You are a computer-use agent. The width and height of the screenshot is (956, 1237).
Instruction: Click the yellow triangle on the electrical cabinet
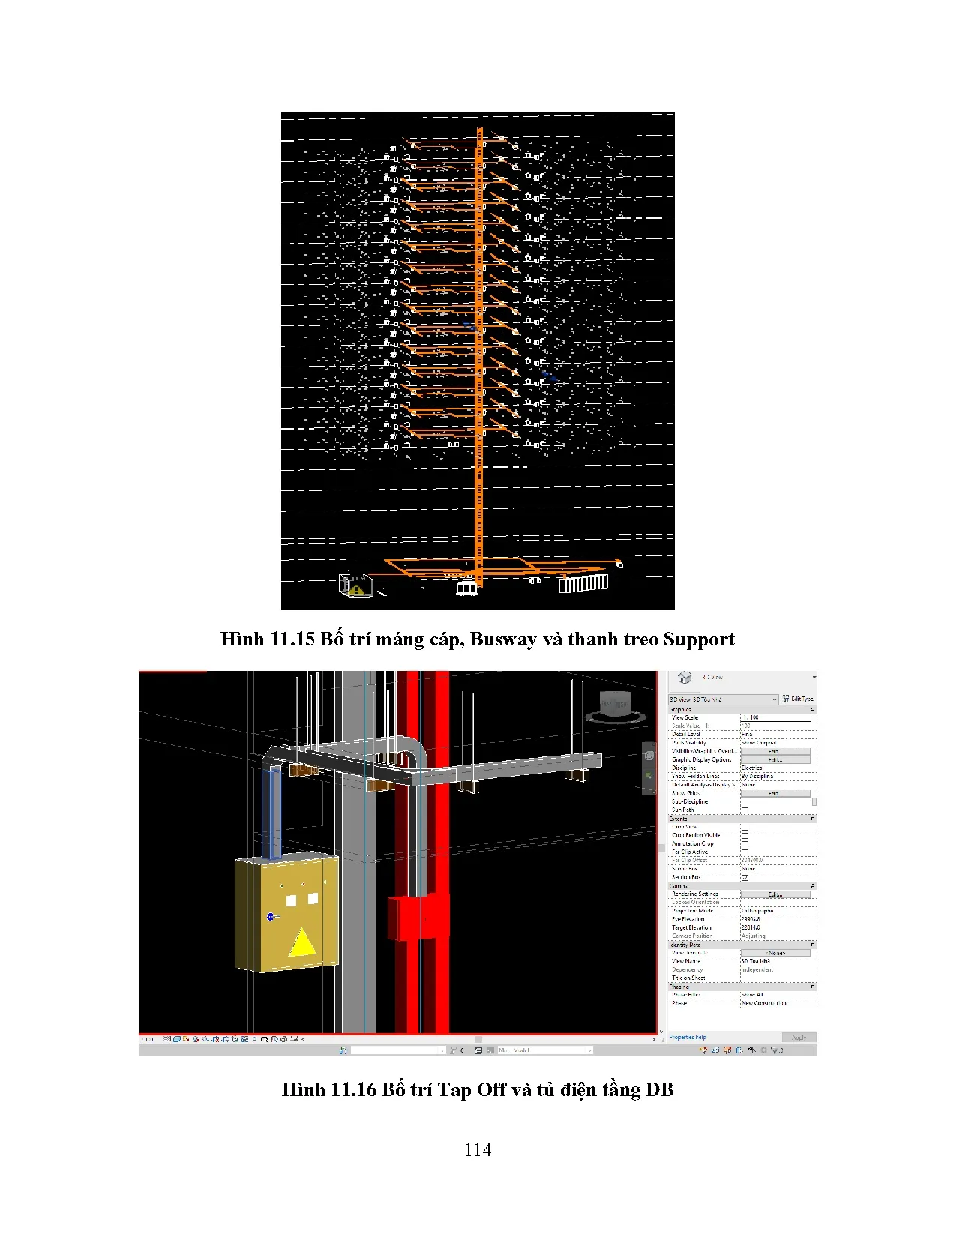(x=302, y=943)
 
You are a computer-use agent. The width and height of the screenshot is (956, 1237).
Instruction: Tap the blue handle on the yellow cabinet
(x=271, y=916)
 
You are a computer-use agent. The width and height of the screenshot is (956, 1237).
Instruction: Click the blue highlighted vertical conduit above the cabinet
(x=273, y=812)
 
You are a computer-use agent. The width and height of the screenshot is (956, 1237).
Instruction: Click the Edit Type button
(x=798, y=699)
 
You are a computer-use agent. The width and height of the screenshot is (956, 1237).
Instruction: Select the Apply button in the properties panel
(x=799, y=1038)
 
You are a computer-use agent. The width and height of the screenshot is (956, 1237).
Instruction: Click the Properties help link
(x=688, y=1038)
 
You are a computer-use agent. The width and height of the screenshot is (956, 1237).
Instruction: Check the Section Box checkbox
(x=745, y=877)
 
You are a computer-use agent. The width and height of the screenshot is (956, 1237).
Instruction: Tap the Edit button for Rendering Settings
(x=775, y=894)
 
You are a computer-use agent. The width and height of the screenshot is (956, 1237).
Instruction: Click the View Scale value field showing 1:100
(x=775, y=717)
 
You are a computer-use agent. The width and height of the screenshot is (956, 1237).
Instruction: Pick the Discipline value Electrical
(x=753, y=768)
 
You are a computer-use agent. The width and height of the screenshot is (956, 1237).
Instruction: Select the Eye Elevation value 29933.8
(x=751, y=919)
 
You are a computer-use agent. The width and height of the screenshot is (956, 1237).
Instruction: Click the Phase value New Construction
(x=764, y=1003)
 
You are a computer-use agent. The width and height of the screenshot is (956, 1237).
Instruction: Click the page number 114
(x=478, y=1150)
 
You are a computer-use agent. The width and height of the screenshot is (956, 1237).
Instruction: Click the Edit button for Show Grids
(x=775, y=793)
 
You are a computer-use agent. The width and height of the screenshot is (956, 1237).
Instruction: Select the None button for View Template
(x=775, y=953)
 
